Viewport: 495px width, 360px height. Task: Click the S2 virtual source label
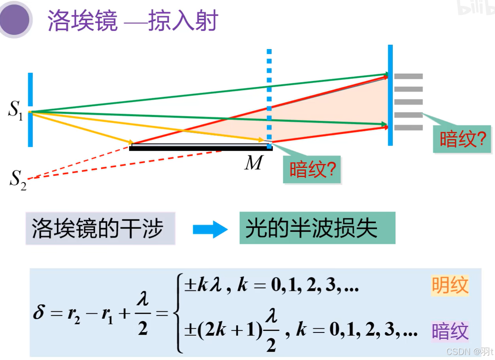18,180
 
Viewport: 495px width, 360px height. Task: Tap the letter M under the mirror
253,163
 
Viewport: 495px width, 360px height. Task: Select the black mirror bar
200,147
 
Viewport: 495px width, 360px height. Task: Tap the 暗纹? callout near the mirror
312,170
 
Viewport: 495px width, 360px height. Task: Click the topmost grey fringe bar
408,76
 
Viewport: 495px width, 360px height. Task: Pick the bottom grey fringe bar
408,127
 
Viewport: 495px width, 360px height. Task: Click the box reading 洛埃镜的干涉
100,228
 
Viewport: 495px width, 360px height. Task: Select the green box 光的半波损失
317,228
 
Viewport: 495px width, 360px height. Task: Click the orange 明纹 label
450,286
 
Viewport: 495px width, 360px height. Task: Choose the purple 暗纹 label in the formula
450,331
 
